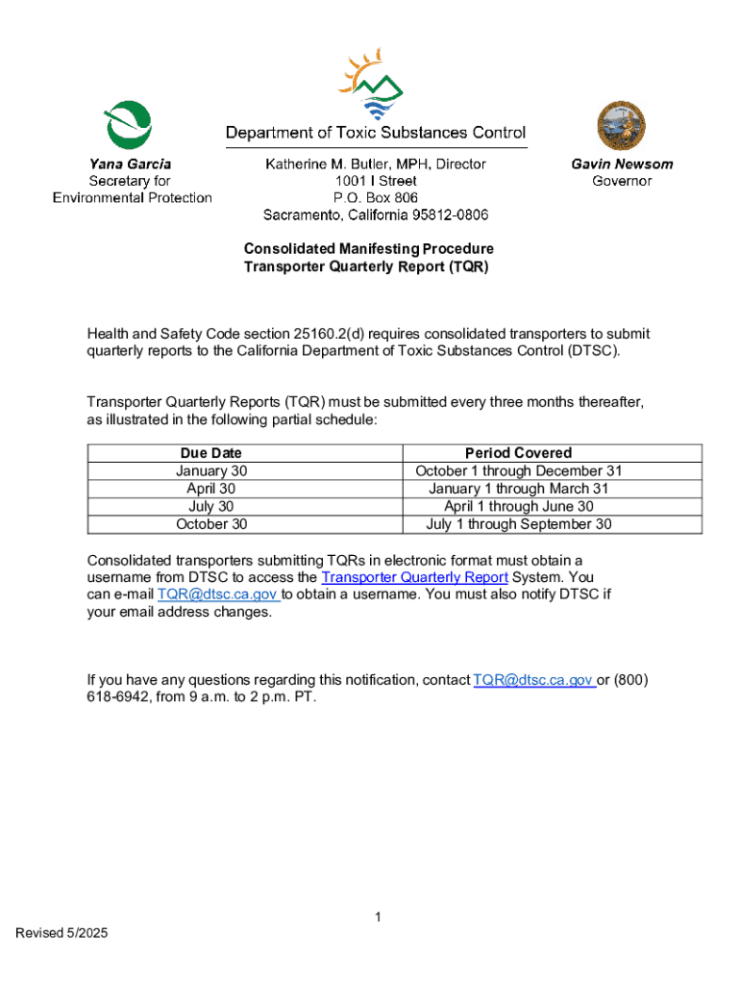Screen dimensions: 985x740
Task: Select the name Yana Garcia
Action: click(131, 164)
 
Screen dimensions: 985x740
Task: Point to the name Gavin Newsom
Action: click(622, 164)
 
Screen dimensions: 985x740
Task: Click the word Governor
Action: click(622, 181)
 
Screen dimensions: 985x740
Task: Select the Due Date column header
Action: click(211, 453)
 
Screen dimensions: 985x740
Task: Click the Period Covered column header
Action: click(518, 453)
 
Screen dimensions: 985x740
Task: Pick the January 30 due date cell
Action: click(211, 471)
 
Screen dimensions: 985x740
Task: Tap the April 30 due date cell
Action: click(211, 489)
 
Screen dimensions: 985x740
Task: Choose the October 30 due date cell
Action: click(211, 524)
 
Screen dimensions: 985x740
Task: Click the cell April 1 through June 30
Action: click(518, 506)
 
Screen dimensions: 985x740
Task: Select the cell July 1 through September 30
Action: click(518, 524)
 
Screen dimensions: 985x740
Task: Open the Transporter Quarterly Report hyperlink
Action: click(414, 577)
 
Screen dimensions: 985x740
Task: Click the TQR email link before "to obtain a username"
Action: click(218, 594)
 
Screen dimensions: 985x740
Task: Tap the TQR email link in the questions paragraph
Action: click(534, 680)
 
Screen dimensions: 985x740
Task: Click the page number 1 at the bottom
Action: click(379, 918)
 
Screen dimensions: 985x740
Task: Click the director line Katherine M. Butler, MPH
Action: click(376, 164)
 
